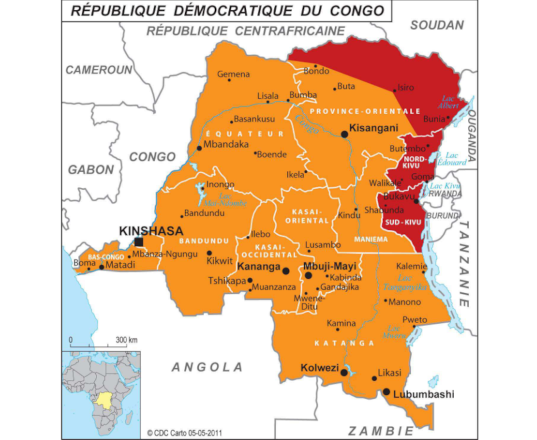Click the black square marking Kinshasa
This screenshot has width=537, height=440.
click(x=139, y=242)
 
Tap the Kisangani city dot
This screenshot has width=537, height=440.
click(x=345, y=134)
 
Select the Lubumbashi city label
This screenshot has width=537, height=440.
click(x=424, y=395)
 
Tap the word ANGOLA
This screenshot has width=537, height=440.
click(x=207, y=367)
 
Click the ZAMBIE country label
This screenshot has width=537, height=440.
click(x=381, y=431)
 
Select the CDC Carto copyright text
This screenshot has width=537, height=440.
click(x=185, y=433)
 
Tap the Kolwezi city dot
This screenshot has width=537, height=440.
click(x=344, y=372)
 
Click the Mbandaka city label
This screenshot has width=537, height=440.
click(x=226, y=145)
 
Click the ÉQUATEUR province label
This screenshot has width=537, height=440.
click(x=244, y=134)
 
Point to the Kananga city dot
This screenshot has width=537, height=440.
click(x=286, y=270)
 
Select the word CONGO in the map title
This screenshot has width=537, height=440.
click(x=359, y=11)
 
